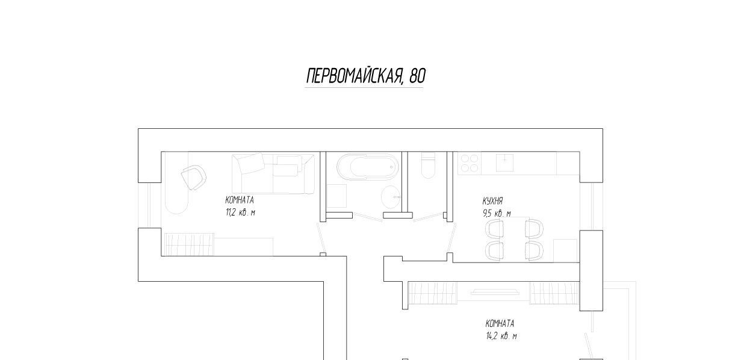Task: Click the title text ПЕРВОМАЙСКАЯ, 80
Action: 366,76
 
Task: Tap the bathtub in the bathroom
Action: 368,167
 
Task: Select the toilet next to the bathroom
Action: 429,166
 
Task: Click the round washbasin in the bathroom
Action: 391,197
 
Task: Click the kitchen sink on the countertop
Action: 505,163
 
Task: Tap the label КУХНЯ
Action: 492,201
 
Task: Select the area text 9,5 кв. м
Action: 497,214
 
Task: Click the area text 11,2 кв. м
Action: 240,212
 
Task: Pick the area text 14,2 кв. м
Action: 501,336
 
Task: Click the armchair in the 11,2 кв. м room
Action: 193,177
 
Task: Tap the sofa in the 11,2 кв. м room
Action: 273,173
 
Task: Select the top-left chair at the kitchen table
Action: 495,228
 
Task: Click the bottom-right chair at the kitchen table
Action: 535,250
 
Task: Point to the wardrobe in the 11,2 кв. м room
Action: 188,244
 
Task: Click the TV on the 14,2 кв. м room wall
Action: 495,292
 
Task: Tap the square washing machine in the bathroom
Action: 336,196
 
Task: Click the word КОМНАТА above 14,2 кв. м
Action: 500,323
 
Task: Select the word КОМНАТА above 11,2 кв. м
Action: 240,200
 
